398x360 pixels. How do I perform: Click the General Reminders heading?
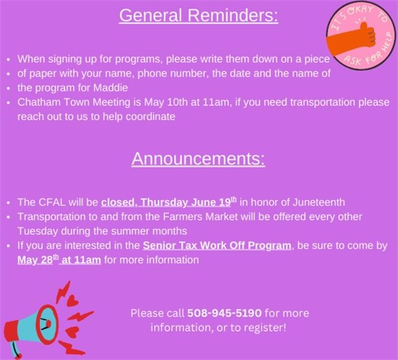(x=198, y=16)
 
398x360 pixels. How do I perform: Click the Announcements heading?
(x=198, y=158)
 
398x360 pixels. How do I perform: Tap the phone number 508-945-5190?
(x=225, y=313)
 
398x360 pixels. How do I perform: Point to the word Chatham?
(x=38, y=102)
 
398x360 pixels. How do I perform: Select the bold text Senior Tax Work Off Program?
(x=217, y=245)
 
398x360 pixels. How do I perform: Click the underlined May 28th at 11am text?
(x=59, y=260)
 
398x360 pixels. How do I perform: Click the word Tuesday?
(x=37, y=231)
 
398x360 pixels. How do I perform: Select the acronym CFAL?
(x=53, y=202)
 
